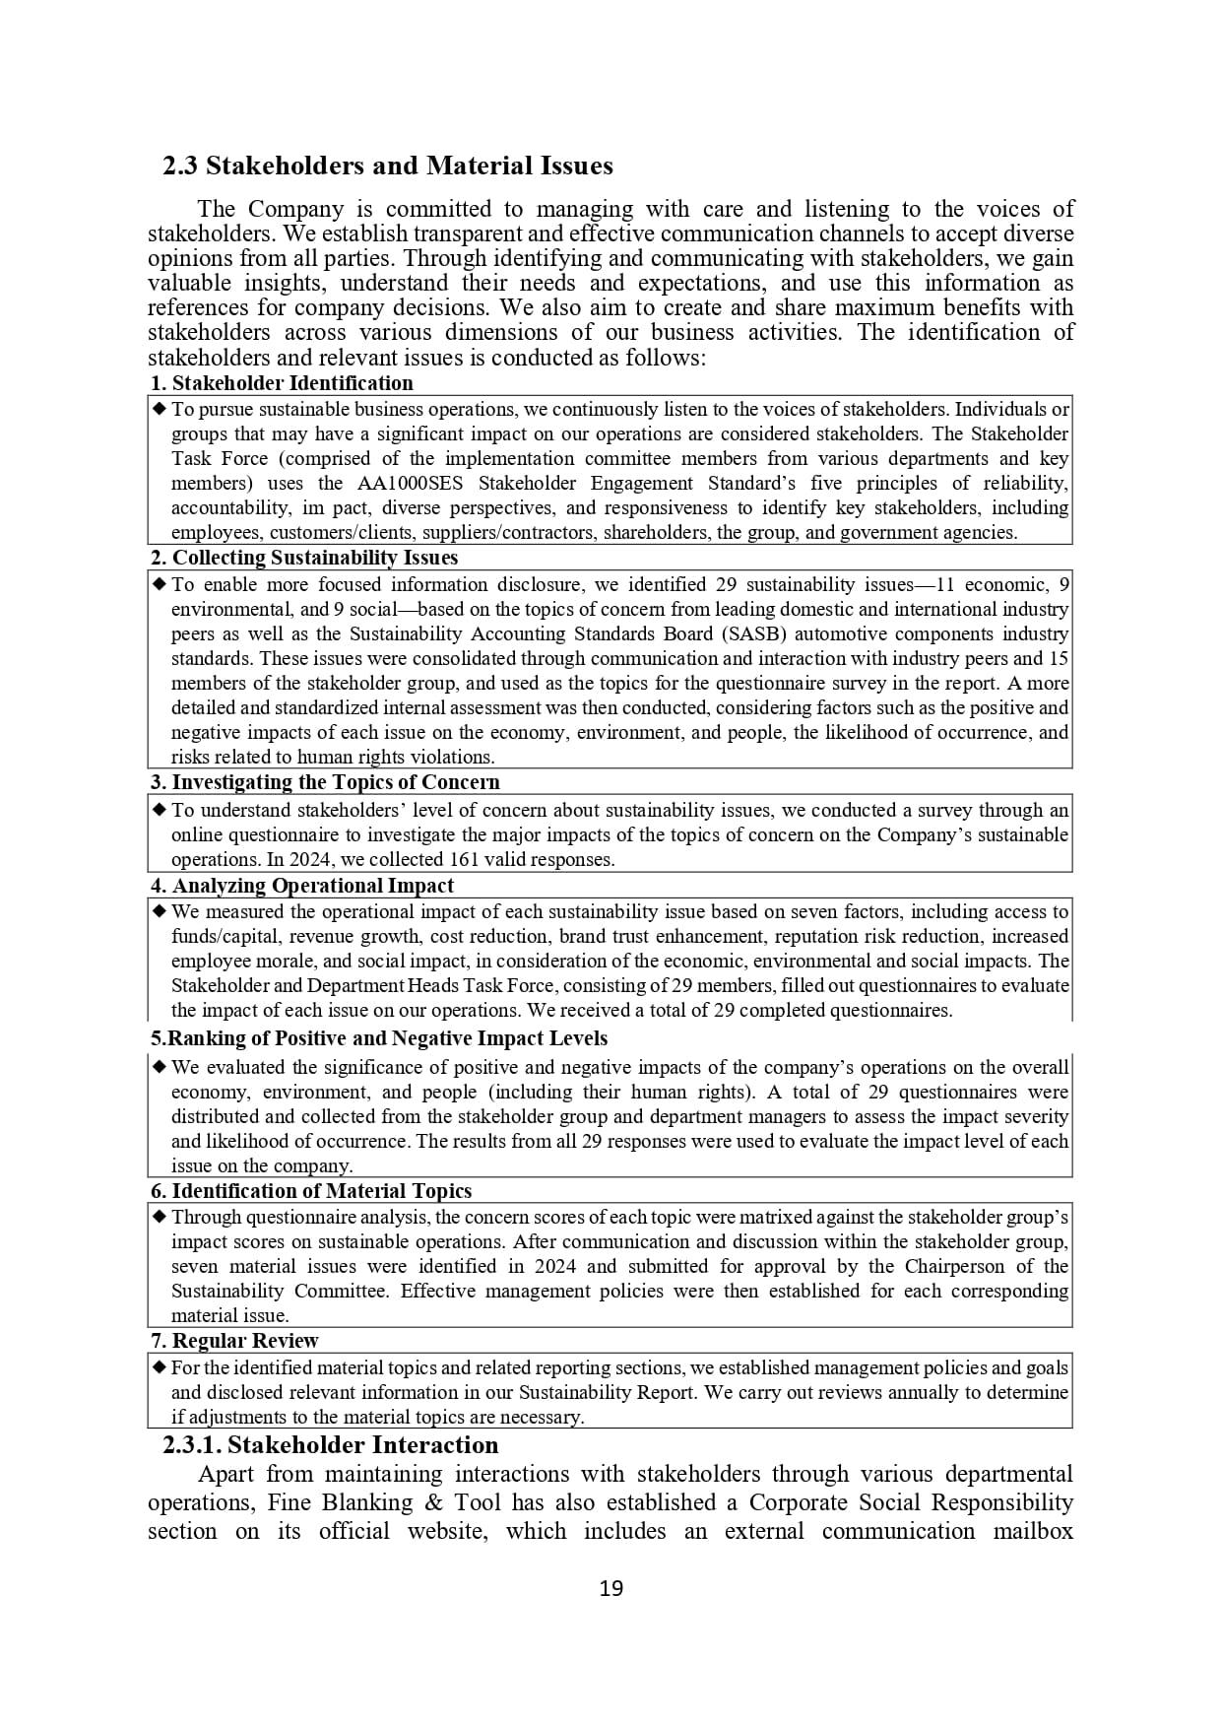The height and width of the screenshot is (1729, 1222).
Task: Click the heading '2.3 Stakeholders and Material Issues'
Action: click(388, 166)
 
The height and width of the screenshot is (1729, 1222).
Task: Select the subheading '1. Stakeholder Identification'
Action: click(282, 383)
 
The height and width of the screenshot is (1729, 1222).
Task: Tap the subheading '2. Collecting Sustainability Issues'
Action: click(304, 558)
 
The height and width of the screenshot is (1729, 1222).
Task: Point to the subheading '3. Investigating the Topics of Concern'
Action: click(325, 782)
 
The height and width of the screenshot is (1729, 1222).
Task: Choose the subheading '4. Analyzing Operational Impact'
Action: click(302, 886)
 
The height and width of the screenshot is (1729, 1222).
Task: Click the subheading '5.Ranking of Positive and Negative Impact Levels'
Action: click(379, 1038)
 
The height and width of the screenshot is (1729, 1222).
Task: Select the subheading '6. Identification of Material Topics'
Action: click(311, 1191)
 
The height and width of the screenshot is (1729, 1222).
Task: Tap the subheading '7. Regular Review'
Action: click(234, 1341)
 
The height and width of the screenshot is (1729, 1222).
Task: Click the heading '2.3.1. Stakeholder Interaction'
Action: click(331, 1445)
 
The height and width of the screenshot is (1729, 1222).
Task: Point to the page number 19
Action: click(611, 1588)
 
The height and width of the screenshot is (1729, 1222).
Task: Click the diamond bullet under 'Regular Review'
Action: click(160, 1367)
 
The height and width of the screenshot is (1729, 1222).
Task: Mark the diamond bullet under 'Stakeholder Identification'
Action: click(160, 409)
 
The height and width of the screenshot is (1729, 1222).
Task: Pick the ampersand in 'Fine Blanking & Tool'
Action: click(432, 1503)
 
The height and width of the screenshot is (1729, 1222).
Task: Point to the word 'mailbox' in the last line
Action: click(1032, 1532)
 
